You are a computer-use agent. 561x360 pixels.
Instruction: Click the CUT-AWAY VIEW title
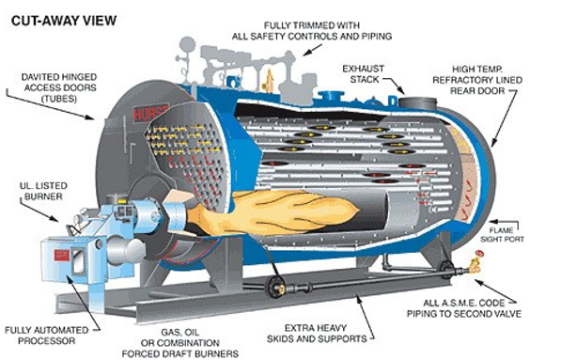[x=64, y=21]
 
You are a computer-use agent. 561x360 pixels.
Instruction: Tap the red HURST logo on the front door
[x=150, y=113]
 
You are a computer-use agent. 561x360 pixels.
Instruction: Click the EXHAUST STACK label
[x=364, y=74]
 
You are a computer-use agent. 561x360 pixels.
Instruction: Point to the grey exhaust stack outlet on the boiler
[x=417, y=102]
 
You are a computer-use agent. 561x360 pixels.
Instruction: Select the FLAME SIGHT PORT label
[x=502, y=235]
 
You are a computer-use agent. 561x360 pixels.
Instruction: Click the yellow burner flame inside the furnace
[x=273, y=212]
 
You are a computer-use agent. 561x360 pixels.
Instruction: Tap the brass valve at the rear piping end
[x=475, y=263]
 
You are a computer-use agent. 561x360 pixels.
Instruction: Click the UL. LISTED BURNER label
[x=43, y=191]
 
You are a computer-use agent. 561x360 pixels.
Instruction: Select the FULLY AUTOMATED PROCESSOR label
[x=46, y=336]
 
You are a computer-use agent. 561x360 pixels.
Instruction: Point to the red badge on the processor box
[x=61, y=255]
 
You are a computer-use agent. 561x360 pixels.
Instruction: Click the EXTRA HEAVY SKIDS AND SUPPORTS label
[x=317, y=333]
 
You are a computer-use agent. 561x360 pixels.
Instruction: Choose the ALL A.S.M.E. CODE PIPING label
[x=463, y=308]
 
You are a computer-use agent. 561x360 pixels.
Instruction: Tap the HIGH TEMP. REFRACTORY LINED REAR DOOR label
[x=477, y=80]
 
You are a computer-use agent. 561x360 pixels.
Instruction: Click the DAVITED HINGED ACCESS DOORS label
[x=59, y=87]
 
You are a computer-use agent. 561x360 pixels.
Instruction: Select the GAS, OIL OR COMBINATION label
[x=180, y=343]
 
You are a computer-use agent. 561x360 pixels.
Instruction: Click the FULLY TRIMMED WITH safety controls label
[x=312, y=31]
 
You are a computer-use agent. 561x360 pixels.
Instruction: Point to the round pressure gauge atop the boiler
[x=187, y=45]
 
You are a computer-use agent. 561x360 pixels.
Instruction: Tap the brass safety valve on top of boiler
[x=269, y=81]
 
